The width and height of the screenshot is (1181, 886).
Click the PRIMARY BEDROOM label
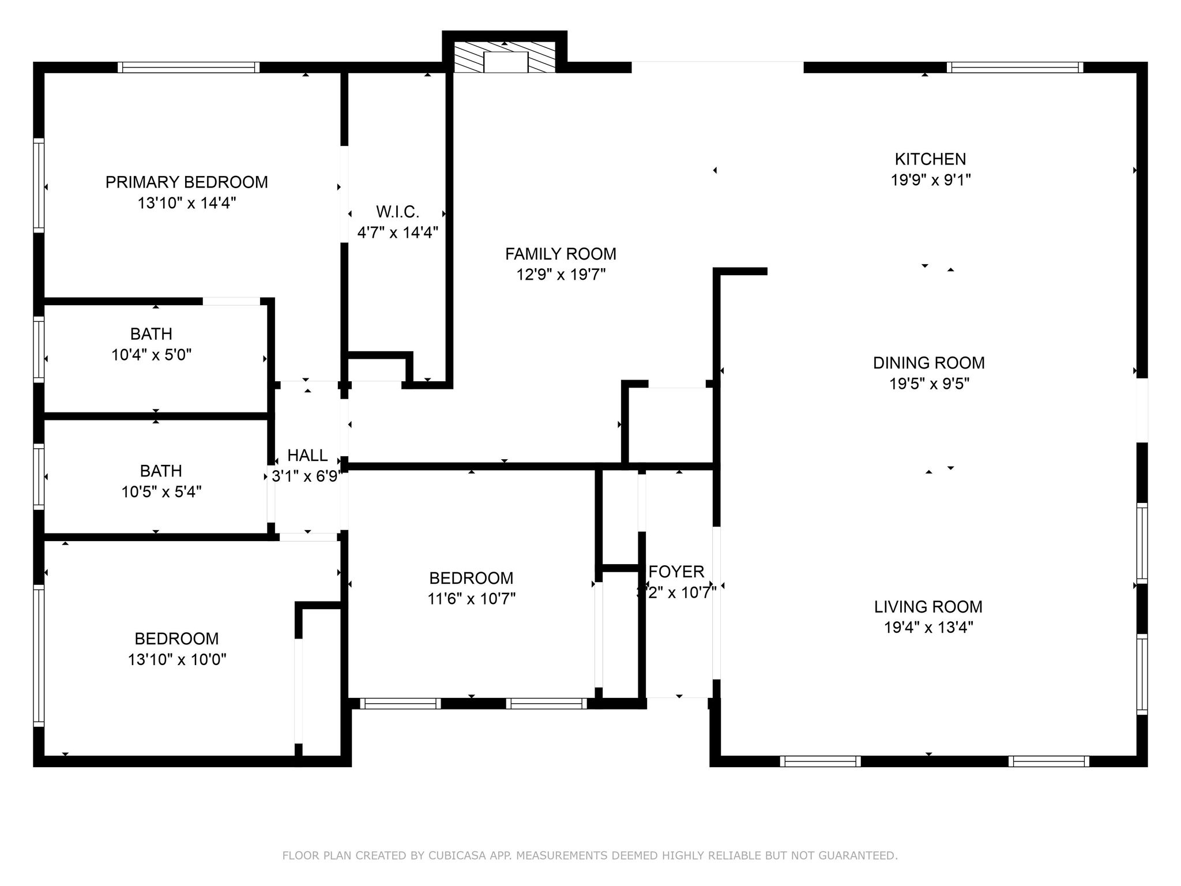coord(186,182)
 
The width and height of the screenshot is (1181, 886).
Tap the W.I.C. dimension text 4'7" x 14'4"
coord(397,233)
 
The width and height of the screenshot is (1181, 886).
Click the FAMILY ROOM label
coord(561,254)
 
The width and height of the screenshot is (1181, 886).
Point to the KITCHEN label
coord(930,159)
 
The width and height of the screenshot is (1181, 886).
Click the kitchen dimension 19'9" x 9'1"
coord(930,180)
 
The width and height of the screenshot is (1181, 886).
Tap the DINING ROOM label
coord(928,363)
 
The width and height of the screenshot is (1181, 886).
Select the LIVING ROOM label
coord(928,606)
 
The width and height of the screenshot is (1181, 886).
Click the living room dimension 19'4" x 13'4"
coord(928,628)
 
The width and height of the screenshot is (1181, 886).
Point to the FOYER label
coord(676,572)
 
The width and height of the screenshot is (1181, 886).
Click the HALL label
coord(307,456)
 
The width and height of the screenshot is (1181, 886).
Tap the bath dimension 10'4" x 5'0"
coord(151,355)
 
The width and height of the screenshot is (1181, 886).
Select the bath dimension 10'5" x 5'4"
coord(161,492)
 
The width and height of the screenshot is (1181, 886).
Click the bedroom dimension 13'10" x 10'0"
coord(176,659)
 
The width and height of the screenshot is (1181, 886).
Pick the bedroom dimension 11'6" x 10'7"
coord(471,599)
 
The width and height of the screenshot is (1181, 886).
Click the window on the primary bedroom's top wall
coord(189,67)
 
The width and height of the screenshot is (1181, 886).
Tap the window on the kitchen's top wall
coord(1014,67)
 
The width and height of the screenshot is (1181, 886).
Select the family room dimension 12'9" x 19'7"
coord(561,275)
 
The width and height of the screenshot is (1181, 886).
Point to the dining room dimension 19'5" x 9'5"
coord(928,384)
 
